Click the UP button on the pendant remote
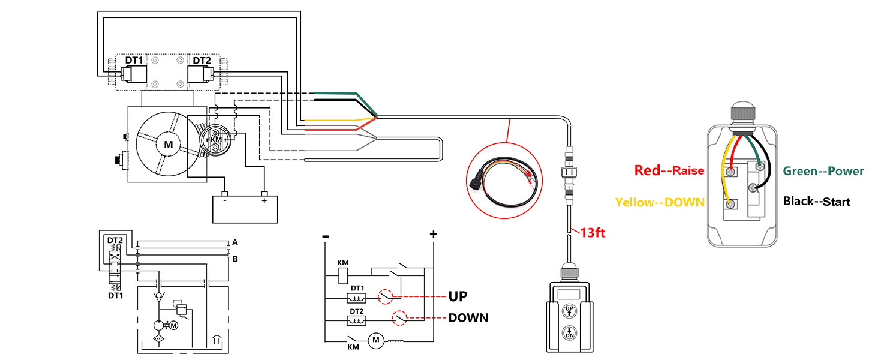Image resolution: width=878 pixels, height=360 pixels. [569, 311]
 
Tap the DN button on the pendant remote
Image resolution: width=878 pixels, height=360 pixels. [569, 333]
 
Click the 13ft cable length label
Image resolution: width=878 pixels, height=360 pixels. [593, 233]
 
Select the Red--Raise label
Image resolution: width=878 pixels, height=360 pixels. [669, 170]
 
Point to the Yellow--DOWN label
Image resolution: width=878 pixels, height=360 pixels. [660, 202]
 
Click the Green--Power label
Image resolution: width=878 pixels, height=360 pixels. [823, 171]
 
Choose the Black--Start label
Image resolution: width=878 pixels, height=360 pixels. [816, 202]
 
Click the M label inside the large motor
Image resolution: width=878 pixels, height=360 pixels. [169, 145]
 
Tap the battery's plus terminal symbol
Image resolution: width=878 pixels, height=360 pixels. [264, 201]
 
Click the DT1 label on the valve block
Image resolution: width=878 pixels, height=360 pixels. [134, 61]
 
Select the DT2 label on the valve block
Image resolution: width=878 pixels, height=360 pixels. [202, 61]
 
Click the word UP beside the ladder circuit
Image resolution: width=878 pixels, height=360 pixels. [458, 296]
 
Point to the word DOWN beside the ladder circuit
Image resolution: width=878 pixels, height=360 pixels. [468, 318]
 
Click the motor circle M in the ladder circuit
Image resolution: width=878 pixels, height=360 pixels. [376, 340]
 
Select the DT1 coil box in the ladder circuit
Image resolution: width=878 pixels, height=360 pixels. [356, 298]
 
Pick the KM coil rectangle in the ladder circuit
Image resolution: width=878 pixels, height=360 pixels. [343, 276]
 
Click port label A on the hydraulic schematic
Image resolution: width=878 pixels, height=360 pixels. [234, 242]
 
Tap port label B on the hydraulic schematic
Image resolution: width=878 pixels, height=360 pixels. [235, 259]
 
